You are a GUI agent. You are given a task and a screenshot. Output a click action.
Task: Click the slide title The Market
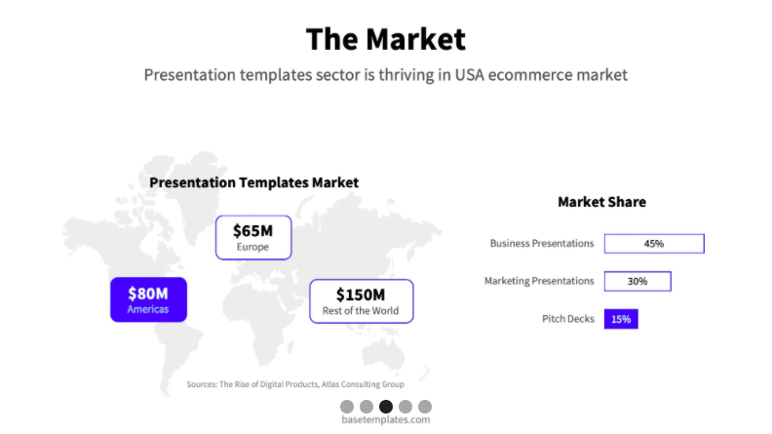click(x=385, y=39)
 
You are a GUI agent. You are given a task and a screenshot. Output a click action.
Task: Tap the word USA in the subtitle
click(x=469, y=75)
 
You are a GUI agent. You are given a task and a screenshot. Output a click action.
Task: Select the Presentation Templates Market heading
click(x=254, y=182)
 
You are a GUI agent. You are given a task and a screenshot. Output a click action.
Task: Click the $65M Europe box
click(x=253, y=237)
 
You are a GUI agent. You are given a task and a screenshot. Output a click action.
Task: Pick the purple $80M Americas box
click(x=149, y=299)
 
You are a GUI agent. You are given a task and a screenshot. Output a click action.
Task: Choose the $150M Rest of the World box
click(x=362, y=301)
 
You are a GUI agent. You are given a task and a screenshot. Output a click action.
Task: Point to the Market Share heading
click(x=601, y=202)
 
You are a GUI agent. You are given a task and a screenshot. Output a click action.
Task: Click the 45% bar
click(x=654, y=244)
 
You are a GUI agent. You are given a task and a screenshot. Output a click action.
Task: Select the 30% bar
click(x=637, y=281)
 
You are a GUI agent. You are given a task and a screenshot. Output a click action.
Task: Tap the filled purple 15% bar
click(x=621, y=319)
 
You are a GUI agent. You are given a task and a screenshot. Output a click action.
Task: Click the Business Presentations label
click(x=542, y=244)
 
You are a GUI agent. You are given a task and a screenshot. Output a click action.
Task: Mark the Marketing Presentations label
click(x=539, y=281)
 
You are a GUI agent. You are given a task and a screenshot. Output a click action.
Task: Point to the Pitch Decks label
click(x=568, y=319)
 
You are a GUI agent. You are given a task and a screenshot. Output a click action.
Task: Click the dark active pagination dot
click(x=386, y=407)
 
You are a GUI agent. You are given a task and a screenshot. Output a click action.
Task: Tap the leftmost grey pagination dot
click(x=347, y=407)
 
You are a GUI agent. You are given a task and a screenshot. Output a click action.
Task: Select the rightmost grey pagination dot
click(x=425, y=407)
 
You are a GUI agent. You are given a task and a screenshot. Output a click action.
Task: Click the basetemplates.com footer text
click(x=385, y=419)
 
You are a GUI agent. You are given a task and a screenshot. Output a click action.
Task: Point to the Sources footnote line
click(x=295, y=384)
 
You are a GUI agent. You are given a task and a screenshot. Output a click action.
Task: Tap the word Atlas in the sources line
click(x=329, y=384)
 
